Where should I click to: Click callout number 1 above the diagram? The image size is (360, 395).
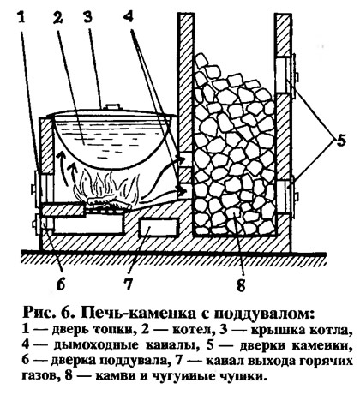tap(22, 18)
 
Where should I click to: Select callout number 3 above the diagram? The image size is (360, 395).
tap(87, 18)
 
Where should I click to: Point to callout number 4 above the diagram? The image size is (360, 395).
tap(129, 18)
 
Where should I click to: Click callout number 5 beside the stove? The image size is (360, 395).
tap(340, 141)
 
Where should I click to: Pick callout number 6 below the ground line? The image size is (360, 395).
tap(61, 284)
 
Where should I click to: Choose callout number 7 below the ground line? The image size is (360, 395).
tap(129, 284)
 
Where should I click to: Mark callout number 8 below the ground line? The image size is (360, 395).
tap(241, 284)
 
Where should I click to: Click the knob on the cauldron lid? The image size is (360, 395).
tap(111, 107)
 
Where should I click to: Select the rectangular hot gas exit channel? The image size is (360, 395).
tap(158, 227)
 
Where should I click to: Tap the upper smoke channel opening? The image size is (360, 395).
tap(186, 159)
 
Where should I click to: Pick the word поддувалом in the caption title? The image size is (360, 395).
tap(263, 314)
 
